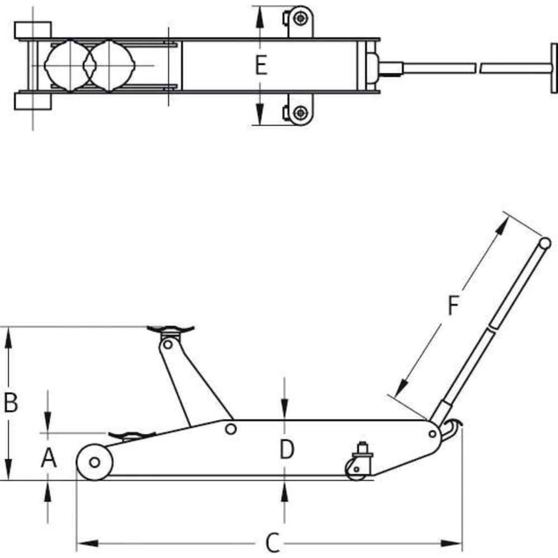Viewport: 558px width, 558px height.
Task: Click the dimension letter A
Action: [x=49, y=458]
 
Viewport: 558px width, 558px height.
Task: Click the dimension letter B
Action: [x=10, y=402]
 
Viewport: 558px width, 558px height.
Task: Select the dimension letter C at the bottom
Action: [x=273, y=542]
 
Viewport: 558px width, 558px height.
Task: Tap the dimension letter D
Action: [x=287, y=449]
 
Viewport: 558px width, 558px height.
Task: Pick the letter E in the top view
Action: [x=262, y=65]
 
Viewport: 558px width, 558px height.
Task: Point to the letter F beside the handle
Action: [x=453, y=305]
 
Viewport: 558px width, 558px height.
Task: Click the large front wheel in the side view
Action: [x=95, y=462]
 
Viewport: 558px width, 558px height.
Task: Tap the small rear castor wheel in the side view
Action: [x=356, y=470]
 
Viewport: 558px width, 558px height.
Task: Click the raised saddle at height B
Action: [x=171, y=329]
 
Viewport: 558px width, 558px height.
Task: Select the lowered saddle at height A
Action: [x=132, y=436]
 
